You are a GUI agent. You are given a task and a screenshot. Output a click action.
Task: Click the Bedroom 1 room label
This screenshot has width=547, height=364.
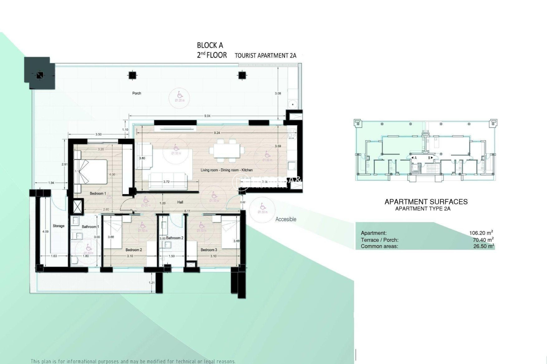[x=98, y=194]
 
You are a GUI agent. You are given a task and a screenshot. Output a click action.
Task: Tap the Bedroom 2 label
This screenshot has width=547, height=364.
[x=134, y=250]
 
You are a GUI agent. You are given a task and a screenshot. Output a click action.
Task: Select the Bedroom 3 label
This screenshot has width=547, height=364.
[x=209, y=250]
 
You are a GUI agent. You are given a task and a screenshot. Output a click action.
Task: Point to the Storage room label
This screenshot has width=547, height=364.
[x=58, y=226]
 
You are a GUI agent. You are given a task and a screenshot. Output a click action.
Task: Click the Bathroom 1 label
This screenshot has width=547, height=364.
[x=90, y=227]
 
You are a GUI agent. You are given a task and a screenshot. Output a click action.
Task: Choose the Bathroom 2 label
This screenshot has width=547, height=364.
[x=175, y=238]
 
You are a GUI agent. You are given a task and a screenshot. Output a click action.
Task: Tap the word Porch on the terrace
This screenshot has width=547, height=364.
[x=137, y=93]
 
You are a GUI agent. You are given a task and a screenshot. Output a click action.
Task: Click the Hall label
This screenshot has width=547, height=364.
[x=180, y=202]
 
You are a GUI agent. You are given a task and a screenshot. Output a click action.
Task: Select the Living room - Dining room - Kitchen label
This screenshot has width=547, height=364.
[x=226, y=170]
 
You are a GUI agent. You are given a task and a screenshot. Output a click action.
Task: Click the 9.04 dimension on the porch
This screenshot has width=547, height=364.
[x=207, y=116]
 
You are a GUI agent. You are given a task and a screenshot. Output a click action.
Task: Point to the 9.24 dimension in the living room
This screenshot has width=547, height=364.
[x=217, y=133]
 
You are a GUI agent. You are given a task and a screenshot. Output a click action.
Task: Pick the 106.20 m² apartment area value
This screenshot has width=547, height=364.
[x=481, y=233]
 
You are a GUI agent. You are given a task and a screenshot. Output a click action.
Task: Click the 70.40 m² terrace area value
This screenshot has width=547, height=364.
[x=483, y=240]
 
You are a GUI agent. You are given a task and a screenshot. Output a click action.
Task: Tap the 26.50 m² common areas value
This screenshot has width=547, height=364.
[x=483, y=246]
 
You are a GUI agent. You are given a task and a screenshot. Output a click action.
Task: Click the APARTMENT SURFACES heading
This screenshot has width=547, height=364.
[x=426, y=202]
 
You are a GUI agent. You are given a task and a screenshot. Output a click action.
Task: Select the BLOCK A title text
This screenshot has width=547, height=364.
[x=210, y=45]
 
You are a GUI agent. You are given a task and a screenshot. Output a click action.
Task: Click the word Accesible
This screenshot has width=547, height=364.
[x=286, y=219]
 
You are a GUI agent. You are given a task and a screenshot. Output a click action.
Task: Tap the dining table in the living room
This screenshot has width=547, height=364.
[x=227, y=150]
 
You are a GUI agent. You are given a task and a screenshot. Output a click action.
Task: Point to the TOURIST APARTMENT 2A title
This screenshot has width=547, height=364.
[x=266, y=56]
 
